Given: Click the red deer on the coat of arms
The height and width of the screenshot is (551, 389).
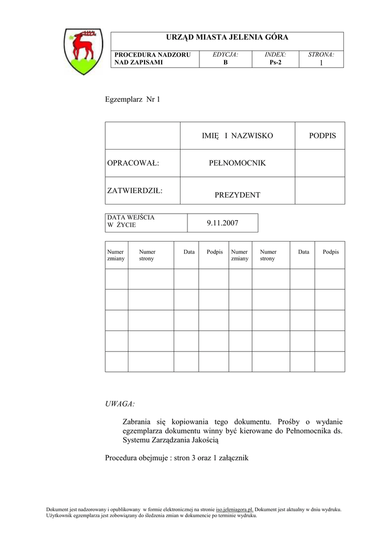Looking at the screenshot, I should (x=83, y=45).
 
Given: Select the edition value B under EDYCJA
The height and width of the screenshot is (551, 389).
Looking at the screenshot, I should (x=226, y=62).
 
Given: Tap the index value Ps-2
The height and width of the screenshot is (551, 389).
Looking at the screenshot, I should (x=275, y=62).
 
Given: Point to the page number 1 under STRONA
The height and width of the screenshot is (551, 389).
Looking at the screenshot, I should (x=321, y=63).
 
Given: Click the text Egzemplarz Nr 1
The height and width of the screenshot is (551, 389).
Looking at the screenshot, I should (x=132, y=100).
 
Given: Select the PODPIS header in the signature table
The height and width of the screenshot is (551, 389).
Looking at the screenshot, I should (x=322, y=136).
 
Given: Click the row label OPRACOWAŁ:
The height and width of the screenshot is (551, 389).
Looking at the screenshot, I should (x=133, y=163).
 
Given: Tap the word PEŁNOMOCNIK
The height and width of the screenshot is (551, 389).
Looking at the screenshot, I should (x=237, y=163).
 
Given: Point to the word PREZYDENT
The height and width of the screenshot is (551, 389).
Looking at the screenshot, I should (x=237, y=195).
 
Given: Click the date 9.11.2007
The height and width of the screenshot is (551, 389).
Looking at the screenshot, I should (x=222, y=223).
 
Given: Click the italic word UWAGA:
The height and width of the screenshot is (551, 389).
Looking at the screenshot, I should (x=120, y=403).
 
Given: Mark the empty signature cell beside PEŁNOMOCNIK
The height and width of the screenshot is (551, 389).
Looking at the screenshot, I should (x=320, y=163).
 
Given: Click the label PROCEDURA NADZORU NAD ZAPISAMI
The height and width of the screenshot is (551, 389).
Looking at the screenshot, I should (x=139, y=59).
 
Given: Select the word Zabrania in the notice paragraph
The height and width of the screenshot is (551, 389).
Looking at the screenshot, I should (x=137, y=421).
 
